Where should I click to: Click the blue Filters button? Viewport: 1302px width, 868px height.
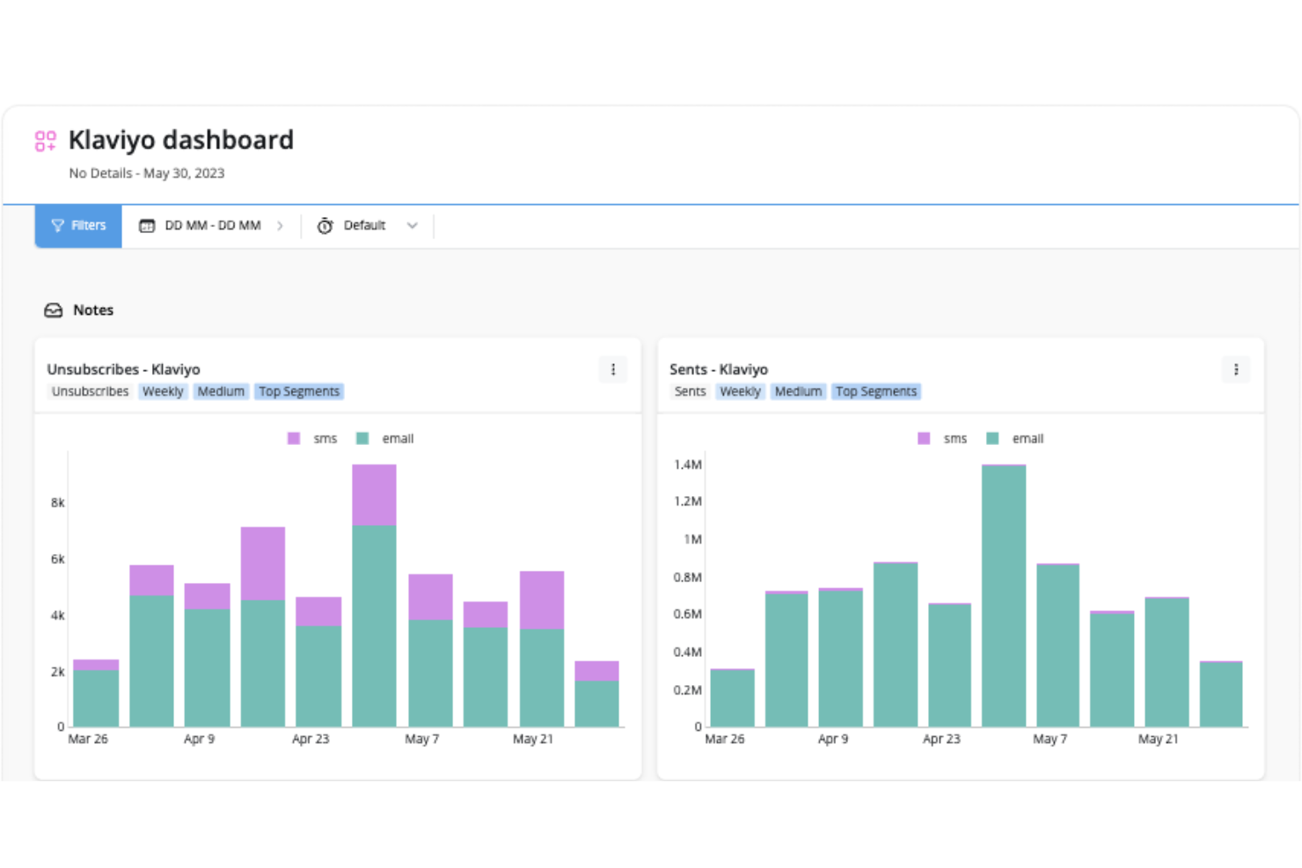tap(78, 226)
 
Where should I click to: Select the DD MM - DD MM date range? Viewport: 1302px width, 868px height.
tap(212, 226)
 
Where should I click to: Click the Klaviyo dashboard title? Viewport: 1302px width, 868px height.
tap(181, 140)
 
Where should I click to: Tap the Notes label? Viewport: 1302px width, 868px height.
tap(92, 310)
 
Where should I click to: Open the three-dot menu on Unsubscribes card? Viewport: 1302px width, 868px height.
tap(613, 370)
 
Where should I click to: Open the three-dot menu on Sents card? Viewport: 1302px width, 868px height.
tap(1236, 370)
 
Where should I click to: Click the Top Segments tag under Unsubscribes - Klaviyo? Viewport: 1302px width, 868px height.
tap(298, 391)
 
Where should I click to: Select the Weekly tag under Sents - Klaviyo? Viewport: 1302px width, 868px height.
tap(740, 391)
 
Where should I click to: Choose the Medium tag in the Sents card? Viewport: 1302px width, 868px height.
tap(798, 391)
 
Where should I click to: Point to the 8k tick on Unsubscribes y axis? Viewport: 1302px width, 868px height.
tap(58, 503)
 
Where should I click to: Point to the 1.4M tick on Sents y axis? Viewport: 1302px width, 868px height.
tap(688, 464)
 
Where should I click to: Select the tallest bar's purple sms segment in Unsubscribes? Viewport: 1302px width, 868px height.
tap(374, 495)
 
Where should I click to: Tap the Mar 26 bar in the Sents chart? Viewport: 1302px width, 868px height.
tap(732, 698)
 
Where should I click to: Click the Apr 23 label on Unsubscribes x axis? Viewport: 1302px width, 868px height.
tap(311, 739)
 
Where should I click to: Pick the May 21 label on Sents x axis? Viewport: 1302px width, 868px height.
tap(1158, 739)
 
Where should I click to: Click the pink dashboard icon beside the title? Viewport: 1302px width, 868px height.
tap(46, 141)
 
